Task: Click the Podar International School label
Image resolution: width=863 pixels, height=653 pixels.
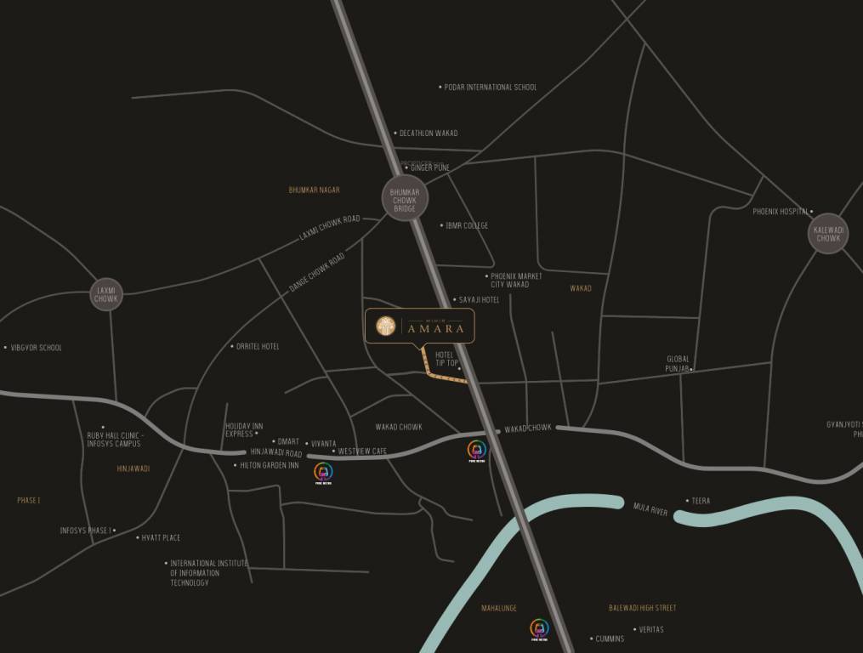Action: [x=491, y=87]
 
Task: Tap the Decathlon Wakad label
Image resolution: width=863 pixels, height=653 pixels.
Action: [x=429, y=133]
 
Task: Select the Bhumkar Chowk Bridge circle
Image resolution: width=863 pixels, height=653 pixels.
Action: [x=405, y=198]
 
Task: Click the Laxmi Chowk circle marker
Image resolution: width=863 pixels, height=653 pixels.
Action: [x=106, y=294]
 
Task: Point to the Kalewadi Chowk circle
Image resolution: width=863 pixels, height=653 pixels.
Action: [x=828, y=234]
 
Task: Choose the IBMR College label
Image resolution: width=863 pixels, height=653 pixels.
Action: [x=467, y=226]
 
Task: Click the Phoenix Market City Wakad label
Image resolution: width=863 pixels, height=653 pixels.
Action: [x=515, y=281]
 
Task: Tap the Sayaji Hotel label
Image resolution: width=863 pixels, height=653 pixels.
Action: [x=479, y=300]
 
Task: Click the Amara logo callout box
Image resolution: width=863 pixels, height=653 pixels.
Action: [x=420, y=326]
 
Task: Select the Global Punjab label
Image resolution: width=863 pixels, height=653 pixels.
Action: [x=678, y=364]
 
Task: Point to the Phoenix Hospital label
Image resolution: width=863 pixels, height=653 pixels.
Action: [x=781, y=212]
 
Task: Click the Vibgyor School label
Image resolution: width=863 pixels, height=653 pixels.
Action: [x=36, y=348]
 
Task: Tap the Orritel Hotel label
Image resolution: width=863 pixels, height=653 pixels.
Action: [x=258, y=347]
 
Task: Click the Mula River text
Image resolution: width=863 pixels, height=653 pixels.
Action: [x=650, y=509]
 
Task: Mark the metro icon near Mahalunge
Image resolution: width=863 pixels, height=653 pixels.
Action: [x=539, y=628]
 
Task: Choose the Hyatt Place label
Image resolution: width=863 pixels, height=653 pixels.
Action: [x=161, y=538]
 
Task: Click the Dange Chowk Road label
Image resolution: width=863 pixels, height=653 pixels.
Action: [x=317, y=272]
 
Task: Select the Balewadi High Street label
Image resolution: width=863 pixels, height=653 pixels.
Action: [x=642, y=608]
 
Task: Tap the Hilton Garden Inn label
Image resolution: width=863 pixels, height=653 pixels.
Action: [x=269, y=466]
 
